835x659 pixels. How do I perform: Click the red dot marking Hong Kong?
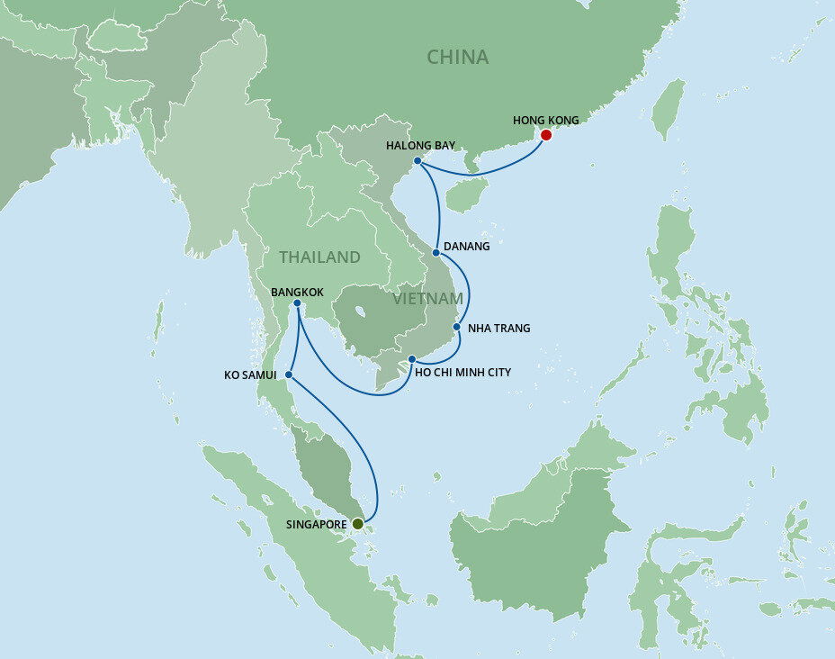[545, 135]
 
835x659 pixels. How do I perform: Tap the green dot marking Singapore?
[357, 523]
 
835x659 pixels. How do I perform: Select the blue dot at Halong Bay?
[418, 162]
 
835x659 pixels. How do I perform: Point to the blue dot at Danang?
[435, 252]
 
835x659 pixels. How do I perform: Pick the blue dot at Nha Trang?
[456, 327]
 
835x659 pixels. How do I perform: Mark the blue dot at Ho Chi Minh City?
[411, 359]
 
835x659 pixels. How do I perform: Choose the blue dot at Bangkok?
[298, 303]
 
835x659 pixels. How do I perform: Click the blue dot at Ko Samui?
[288, 375]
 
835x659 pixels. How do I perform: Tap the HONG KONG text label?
[545, 120]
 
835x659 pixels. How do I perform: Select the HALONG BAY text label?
[419, 145]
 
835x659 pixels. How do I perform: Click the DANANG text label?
[468, 247]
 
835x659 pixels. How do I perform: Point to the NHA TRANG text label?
[499, 329]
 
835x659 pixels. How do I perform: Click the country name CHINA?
[457, 58]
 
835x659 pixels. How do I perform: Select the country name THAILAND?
[319, 257]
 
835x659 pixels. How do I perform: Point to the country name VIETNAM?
[427, 298]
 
